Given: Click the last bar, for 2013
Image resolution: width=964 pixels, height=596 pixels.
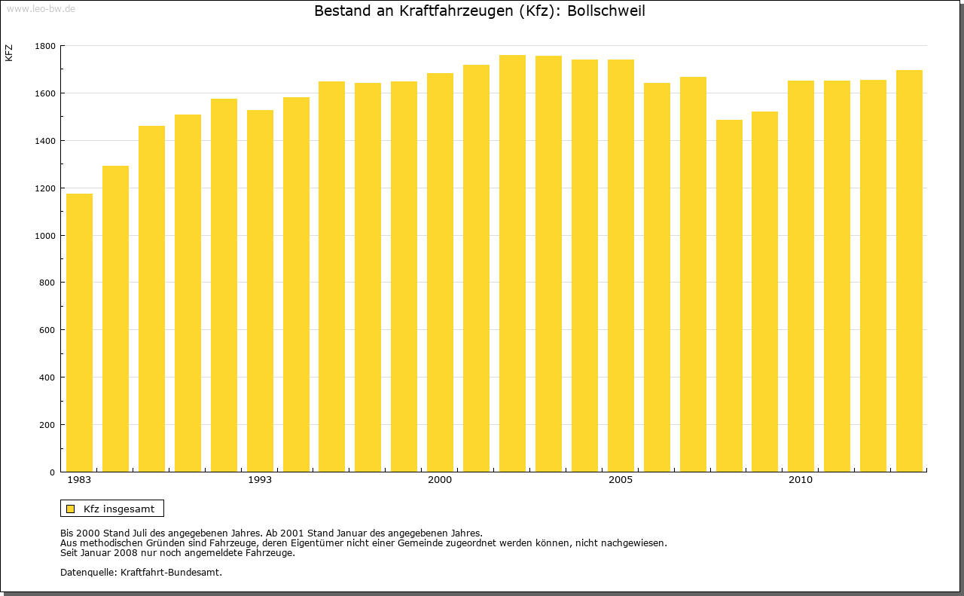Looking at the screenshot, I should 909,271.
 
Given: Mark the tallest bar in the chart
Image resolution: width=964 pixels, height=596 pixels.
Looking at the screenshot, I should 512,264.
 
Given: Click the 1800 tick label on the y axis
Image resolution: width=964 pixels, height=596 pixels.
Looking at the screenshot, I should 45,46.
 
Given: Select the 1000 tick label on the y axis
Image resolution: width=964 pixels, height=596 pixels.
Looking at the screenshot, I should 45,236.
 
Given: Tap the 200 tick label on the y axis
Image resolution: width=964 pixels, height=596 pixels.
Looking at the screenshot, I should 47,425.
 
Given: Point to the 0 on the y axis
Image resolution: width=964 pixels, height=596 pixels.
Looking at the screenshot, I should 53,472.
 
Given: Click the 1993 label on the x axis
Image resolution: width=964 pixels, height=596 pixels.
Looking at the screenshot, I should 260,480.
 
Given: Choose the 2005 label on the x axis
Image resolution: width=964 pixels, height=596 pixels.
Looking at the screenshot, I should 621,480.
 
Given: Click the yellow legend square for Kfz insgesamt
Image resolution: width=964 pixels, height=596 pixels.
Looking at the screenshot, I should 70,509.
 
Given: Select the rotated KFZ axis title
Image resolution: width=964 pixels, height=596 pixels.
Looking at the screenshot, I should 9,53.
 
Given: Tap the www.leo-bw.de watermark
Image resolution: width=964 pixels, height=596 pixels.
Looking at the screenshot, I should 40,8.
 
